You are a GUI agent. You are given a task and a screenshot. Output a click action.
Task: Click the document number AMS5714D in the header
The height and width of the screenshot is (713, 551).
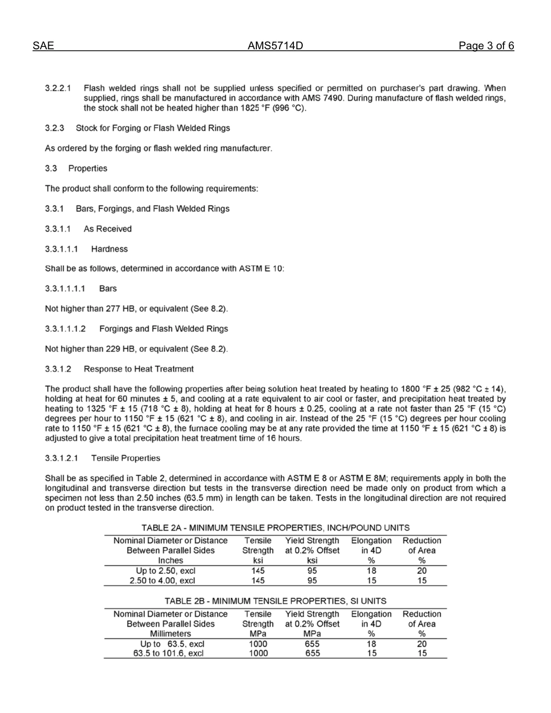[x=275, y=46]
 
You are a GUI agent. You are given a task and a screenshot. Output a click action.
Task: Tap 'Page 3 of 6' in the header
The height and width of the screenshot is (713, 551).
[x=486, y=46]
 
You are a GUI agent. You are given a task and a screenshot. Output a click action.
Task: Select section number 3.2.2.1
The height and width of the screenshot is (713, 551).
[x=58, y=89]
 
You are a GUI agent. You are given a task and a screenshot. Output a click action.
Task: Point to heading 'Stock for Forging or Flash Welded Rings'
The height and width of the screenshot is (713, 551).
[x=153, y=128]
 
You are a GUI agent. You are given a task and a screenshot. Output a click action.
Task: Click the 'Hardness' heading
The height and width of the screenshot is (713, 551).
[x=109, y=249]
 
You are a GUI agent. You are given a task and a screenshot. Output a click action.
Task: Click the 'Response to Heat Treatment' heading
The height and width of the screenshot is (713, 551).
[x=139, y=369]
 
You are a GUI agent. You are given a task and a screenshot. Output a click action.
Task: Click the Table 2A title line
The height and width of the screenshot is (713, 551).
[x=275, y=528]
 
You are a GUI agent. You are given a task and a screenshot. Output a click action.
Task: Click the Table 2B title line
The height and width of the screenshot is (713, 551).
[x=275, y=601]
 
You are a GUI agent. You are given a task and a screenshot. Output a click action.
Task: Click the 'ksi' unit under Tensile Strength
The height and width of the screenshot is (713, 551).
[x=258, y=561]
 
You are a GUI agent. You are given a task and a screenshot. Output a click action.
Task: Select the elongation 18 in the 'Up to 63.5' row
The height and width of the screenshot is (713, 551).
[x=371, y=643]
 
